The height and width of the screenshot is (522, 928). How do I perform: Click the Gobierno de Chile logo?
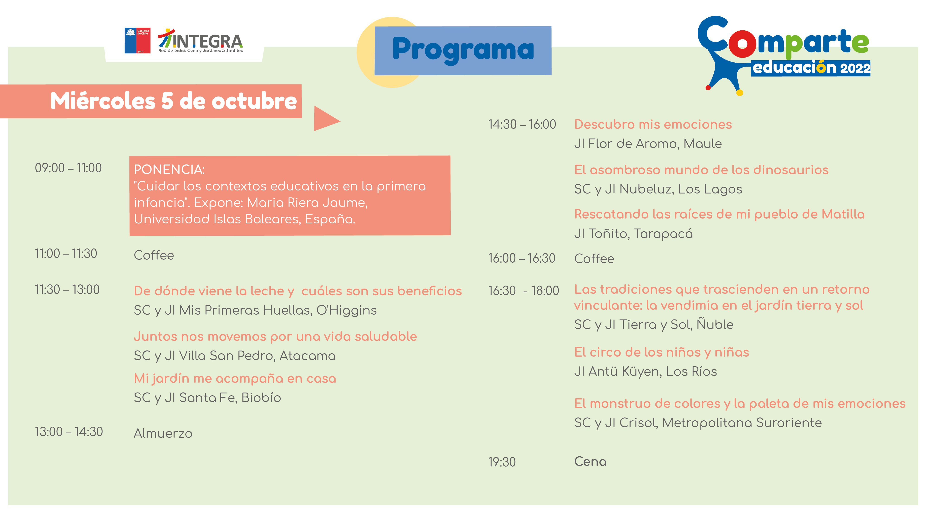tap(137, 41)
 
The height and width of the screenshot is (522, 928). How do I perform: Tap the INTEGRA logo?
tap(201, 41)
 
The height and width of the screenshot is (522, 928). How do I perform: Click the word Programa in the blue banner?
tap(463, 50)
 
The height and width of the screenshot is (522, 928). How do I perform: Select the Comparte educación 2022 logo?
tap(784, 56)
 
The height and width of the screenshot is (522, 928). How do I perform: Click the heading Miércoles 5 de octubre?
tap(173, 101)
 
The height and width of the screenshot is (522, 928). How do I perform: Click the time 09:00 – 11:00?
tap(68, 168)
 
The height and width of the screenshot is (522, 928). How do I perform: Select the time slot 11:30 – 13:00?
tap(67, 290)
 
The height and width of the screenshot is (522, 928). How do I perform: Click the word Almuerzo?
tap(163, 433)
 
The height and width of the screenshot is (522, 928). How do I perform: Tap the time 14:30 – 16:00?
tap(522, 125)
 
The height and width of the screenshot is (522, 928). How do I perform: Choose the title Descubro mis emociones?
tap(653, 125)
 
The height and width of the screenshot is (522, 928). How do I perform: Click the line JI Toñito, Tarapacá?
tap(633, 234)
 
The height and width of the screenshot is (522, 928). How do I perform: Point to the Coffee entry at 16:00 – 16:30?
tap(594, 259)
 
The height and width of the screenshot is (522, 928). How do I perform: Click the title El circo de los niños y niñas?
tap(661, 352)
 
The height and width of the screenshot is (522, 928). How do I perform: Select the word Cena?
tap(590, 462)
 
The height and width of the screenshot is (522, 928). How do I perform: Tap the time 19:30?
tap(502, 462)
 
